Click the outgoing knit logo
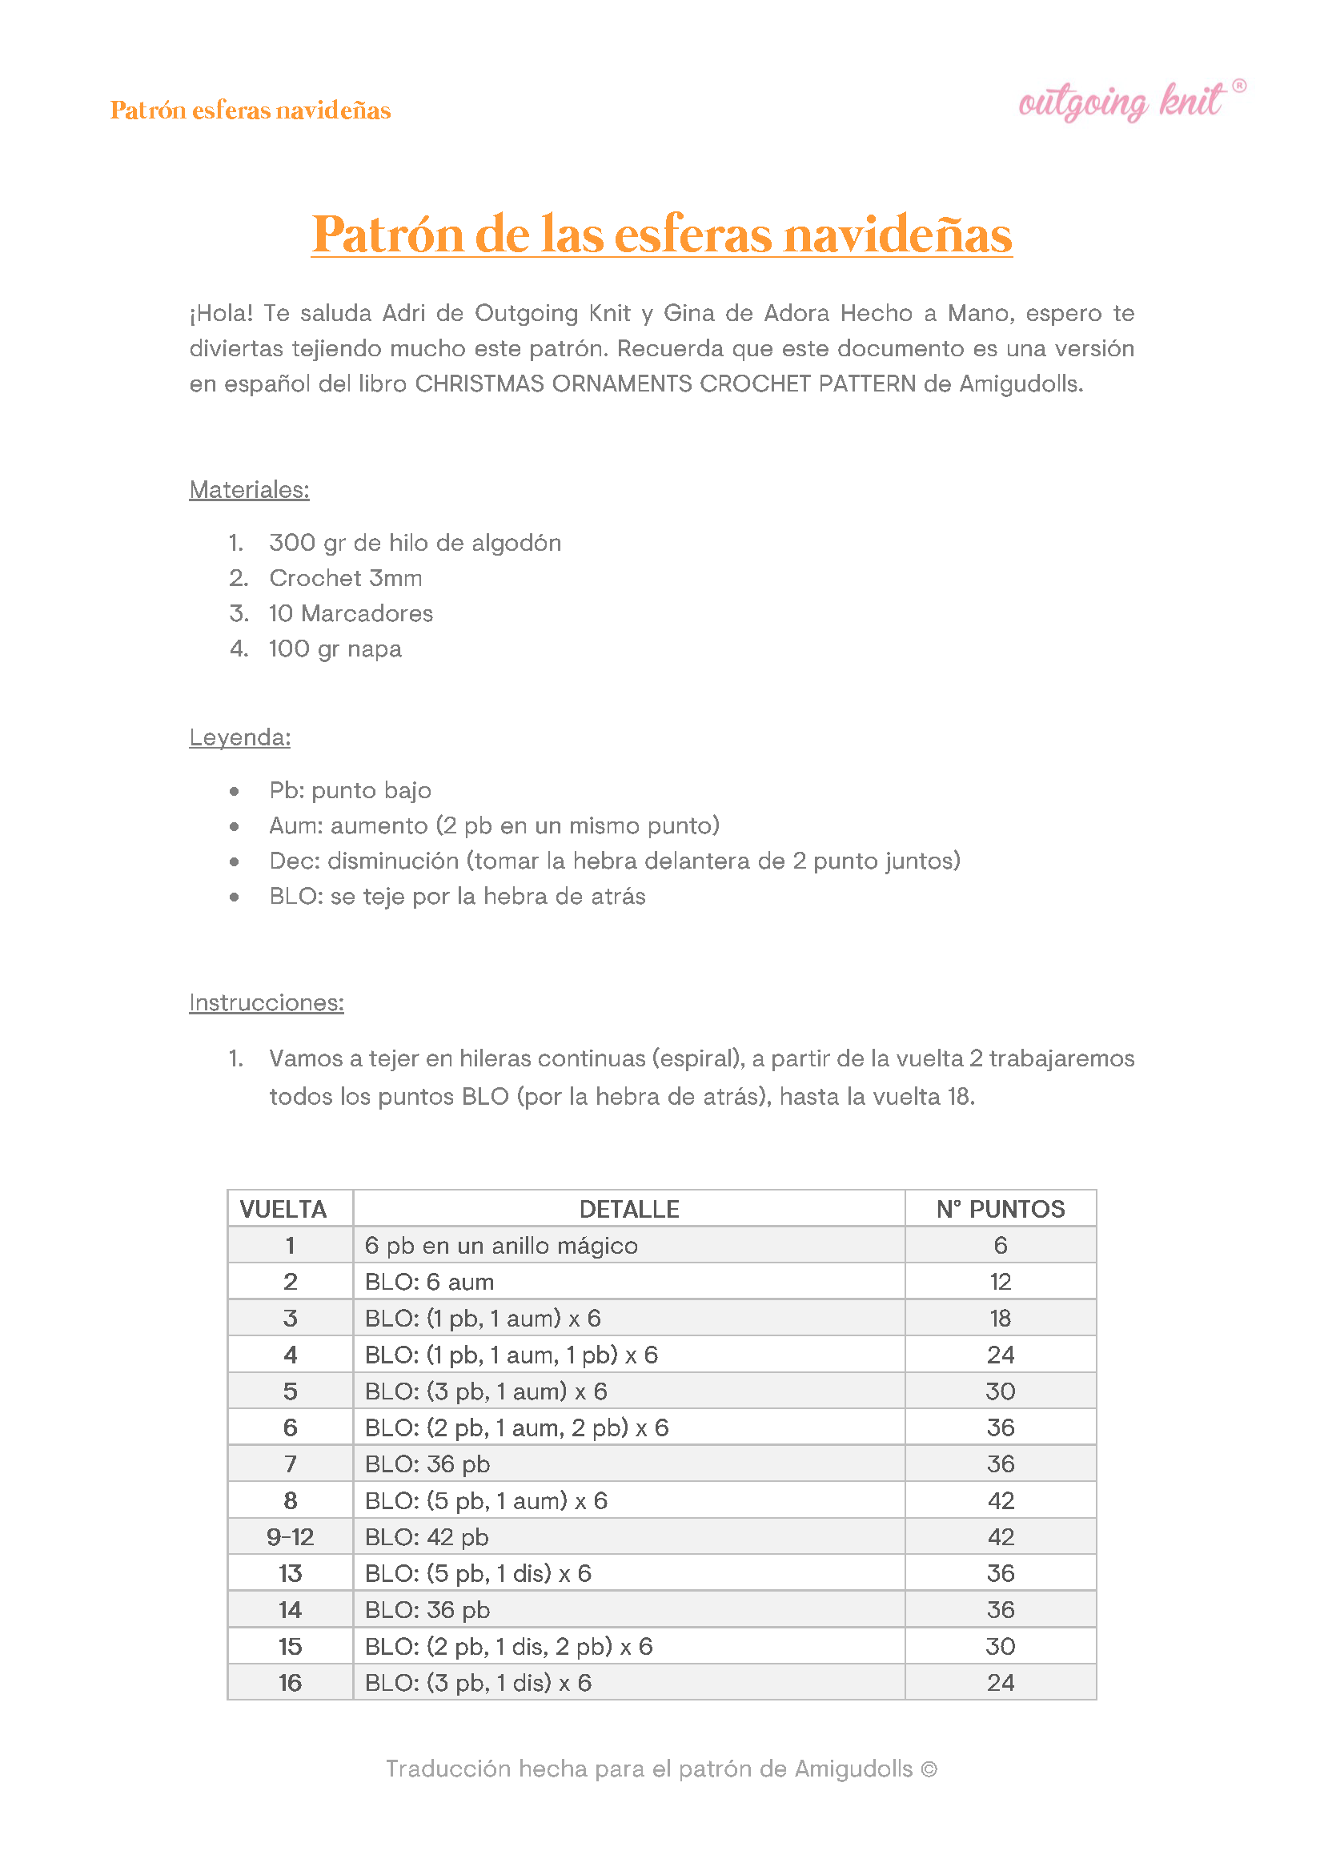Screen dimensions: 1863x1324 coord(1130,102)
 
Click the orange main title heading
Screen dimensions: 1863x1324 coord(661,234)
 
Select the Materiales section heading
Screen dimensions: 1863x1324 coord(249,489)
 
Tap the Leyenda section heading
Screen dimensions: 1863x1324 coord(239,737)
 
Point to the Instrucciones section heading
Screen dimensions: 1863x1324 coord(266,1002)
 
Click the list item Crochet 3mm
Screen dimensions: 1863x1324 coord(345,578)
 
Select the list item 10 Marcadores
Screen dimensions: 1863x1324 coord(351,613)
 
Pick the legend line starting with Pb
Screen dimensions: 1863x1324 coord(350,790)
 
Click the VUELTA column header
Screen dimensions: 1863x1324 coord(283,1209)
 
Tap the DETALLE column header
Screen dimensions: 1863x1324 coord(628,1209)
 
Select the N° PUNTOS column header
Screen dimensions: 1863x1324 coord(1001,1209)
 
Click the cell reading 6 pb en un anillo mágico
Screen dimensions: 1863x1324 coord(500,1245)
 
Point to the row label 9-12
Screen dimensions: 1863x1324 coord(291,1537)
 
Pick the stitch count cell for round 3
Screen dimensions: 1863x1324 coord(1001,1319)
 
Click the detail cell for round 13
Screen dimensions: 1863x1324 coord(478,1572)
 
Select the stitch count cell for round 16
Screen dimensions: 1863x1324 coord(1001,1682)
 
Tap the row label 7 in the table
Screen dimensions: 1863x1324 coord(291,1463)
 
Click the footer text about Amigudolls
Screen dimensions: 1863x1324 coord(661,1769)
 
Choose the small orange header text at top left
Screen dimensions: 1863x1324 coord(251,110)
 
